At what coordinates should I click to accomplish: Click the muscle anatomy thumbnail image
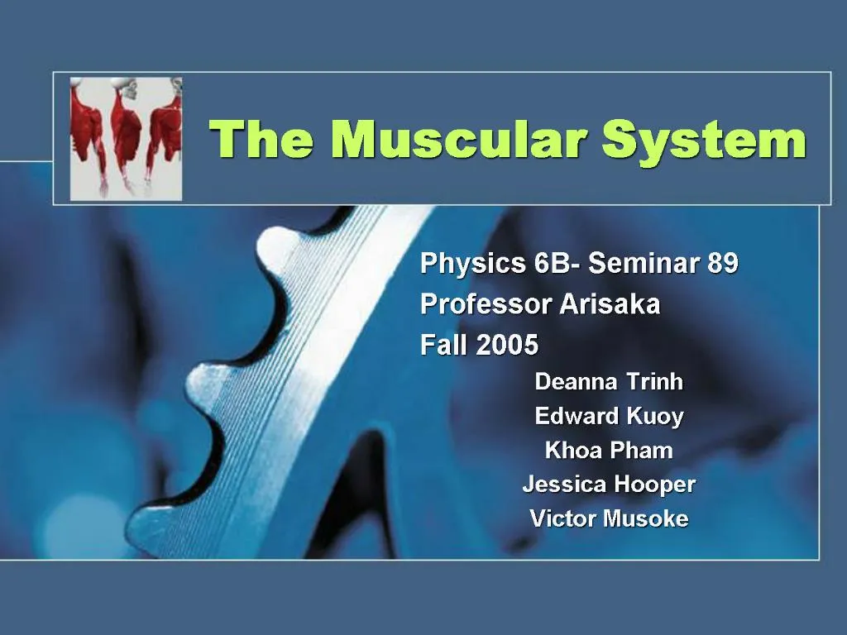tap(126, 138)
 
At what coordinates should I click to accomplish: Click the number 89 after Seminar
tap(723, 264)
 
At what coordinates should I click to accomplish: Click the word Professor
tap(486, 305)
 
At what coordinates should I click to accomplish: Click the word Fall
tap(443, 345)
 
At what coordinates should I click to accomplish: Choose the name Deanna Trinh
tap(609, 382)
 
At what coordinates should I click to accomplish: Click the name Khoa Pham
tap(609, 451)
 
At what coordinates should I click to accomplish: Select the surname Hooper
tap(658, 485)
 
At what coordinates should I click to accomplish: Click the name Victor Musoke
tap(609, 519)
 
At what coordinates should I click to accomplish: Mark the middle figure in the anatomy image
tap(126, 132)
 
